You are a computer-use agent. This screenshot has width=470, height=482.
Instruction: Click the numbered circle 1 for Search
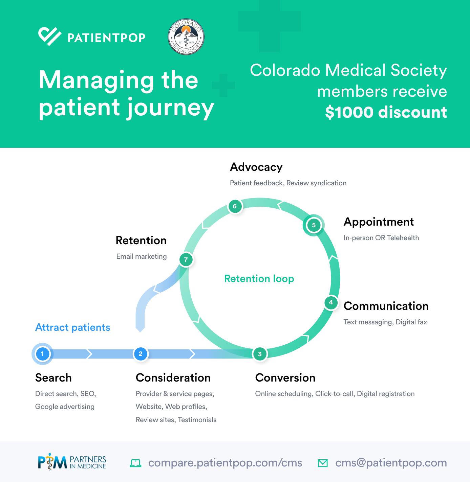tap(42, 354)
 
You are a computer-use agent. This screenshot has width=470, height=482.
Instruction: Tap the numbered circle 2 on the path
tap(141, 354)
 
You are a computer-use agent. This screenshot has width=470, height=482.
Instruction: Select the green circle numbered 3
tap(260, 354)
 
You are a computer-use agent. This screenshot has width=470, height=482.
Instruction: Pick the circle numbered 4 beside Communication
tap(331, 302)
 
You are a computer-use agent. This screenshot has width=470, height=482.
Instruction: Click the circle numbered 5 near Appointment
tap(314, 225)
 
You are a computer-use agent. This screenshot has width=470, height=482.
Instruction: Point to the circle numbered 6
tap(235, 206)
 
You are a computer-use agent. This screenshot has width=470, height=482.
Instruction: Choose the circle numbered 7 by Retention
tap(186, 260)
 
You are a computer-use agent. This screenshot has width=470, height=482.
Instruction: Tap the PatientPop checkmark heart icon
tap(49, 37)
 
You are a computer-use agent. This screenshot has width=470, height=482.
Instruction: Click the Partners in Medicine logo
tap(72, 463)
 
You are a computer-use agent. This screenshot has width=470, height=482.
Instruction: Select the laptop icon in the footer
tap(136, 463)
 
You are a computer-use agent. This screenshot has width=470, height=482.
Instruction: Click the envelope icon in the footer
tap(323, 463)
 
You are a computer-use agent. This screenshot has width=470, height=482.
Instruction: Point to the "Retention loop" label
tap(259, 279)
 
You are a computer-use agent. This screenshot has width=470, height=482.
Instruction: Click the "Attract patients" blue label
tap(73, 327)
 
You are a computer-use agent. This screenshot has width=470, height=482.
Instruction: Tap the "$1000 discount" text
tap(386, 112)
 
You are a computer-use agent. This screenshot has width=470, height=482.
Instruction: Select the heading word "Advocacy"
tap(256, 167)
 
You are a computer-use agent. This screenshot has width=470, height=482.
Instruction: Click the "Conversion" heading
tap(285, 378)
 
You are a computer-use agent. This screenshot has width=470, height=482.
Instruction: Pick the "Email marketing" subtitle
tap(142, 256)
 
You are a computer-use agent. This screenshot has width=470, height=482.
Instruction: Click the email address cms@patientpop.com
tap(391, 463)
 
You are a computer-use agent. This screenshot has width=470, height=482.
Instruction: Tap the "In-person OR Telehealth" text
tap(381, 238)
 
